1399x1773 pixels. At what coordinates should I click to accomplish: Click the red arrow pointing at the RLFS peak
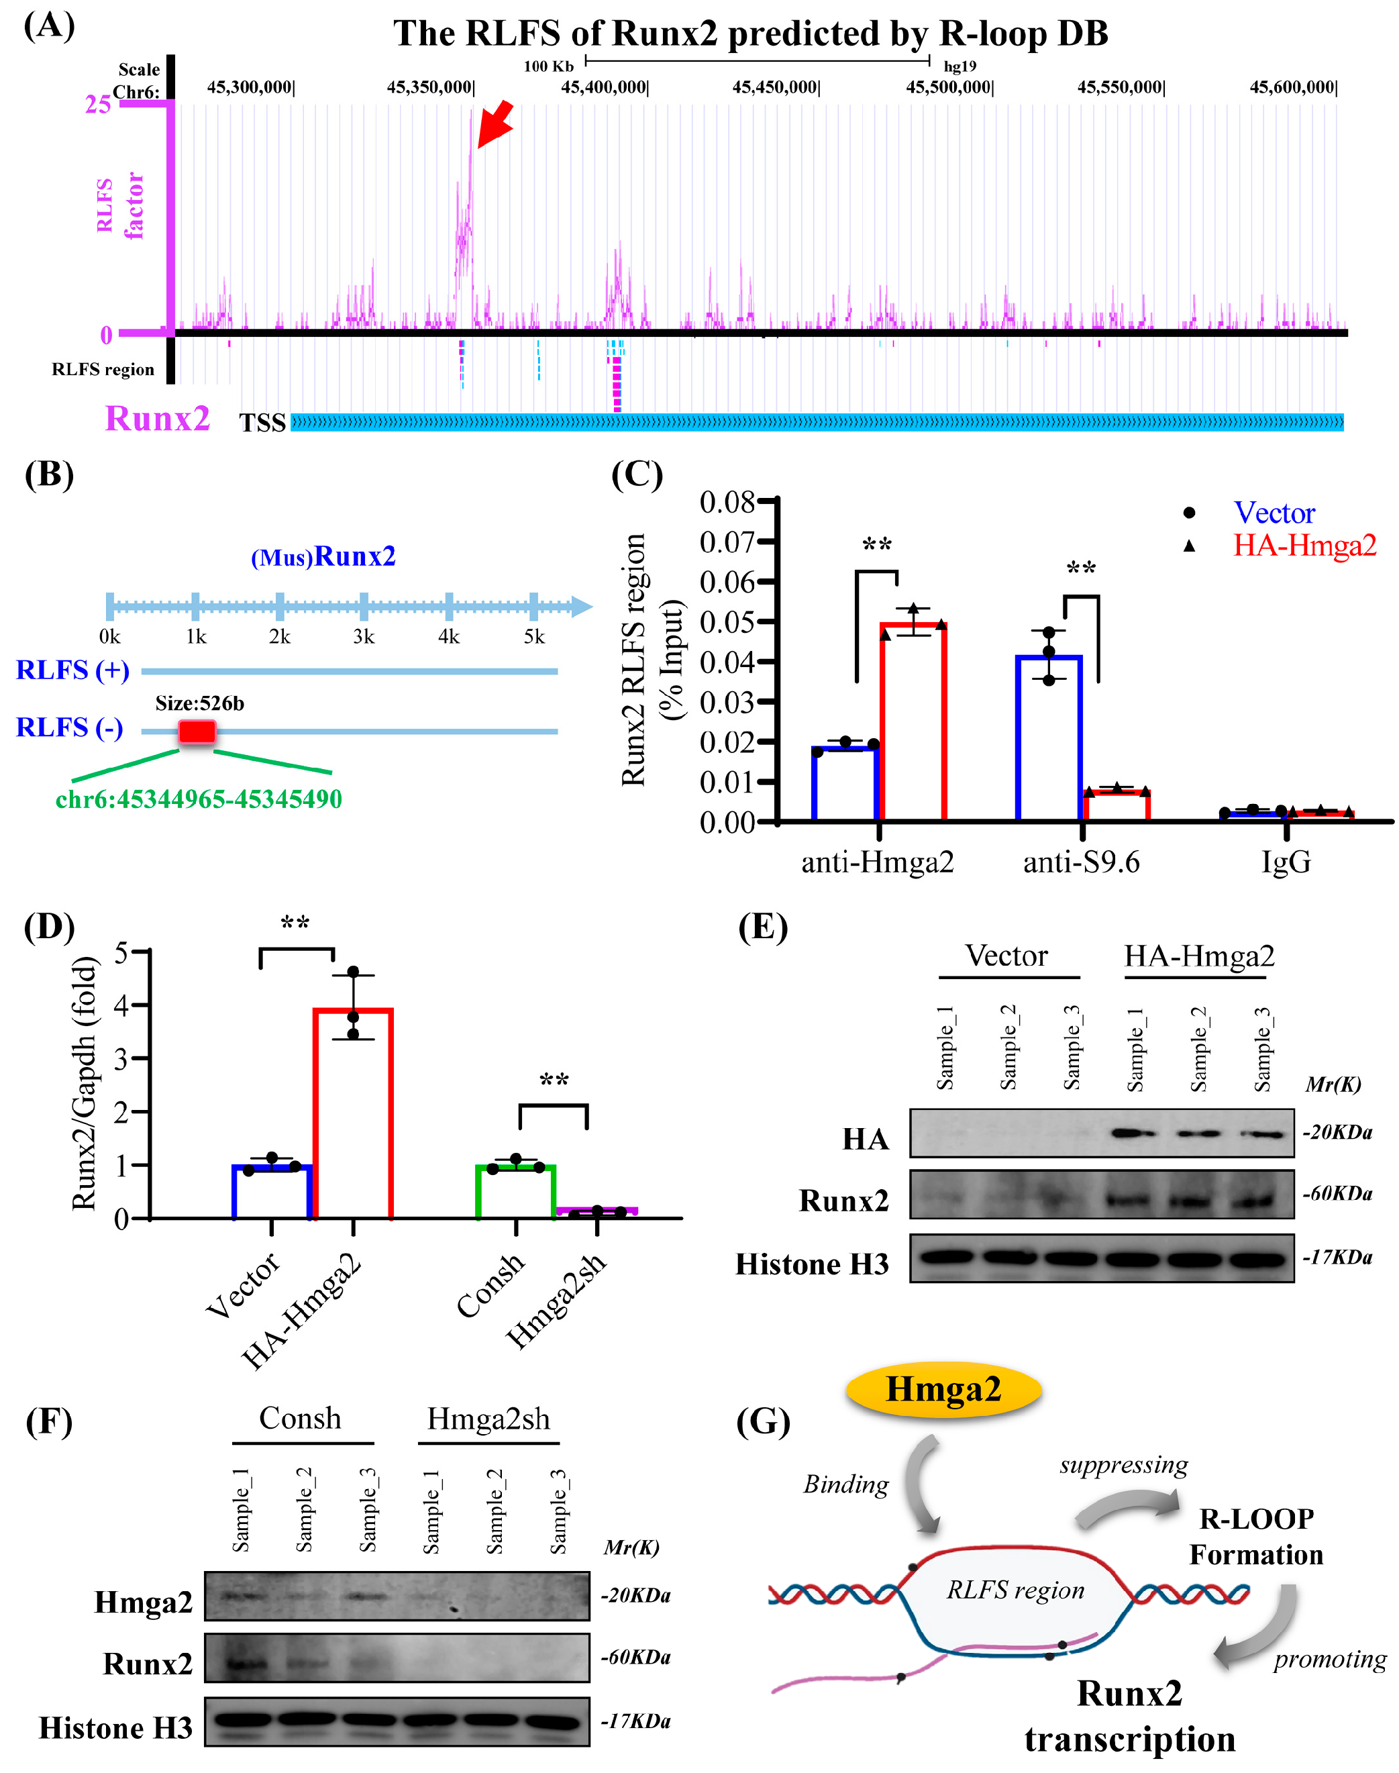tap(496, 123)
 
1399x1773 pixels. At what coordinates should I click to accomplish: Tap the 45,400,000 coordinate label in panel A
tap(604, 87)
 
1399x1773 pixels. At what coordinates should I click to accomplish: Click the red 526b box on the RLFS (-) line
tap(197, 731)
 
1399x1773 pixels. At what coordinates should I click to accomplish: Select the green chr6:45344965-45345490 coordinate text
tap(199, 799)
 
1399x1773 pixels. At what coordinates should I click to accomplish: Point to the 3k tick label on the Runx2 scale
tap(364, 637)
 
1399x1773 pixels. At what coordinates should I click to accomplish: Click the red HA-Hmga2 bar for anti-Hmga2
tap(913, 721)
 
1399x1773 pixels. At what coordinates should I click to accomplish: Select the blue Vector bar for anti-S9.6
tap(1049, 738)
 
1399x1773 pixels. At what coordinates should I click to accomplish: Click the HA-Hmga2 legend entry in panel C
tap(1304, 546)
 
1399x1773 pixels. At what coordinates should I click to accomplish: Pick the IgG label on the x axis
tap(1286, 862)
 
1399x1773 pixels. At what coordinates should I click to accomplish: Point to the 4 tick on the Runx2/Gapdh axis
tap(122, 1005)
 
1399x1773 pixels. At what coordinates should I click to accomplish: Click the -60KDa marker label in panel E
tap(1337, 1194)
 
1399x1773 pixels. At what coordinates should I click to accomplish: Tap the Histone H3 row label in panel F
tap(115, 1728)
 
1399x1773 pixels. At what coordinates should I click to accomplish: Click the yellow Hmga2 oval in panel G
tap(943, 1390)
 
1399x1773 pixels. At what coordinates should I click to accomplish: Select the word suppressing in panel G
tap(1123, 1464)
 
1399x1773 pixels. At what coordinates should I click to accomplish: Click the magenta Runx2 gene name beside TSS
tap(157, 419)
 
